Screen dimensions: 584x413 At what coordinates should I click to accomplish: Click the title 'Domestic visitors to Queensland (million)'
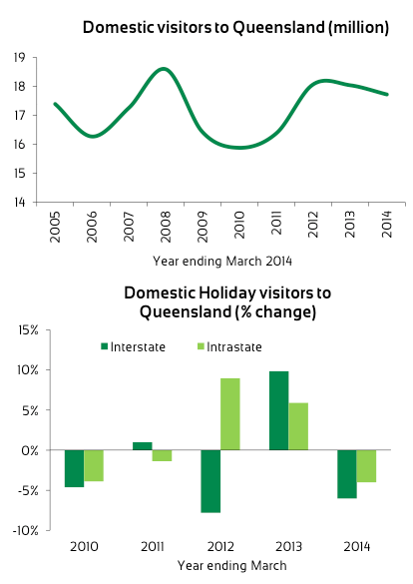235,28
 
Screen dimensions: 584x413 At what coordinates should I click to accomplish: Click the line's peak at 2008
164,69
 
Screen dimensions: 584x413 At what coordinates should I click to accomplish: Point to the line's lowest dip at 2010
239,148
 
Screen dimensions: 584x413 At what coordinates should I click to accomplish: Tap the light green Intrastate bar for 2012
230,414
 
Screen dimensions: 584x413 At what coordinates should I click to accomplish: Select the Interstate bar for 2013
278,410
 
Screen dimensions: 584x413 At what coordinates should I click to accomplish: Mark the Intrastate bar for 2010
94,465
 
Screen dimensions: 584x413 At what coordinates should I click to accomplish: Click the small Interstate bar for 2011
142,446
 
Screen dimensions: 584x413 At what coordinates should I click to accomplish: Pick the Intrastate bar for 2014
365,466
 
